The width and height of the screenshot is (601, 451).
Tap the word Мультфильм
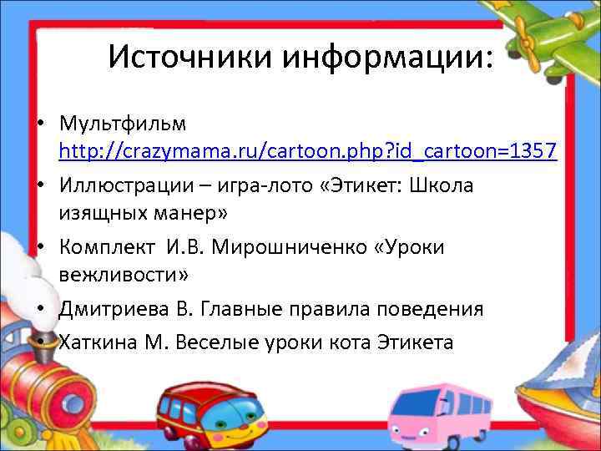(123, 124)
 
